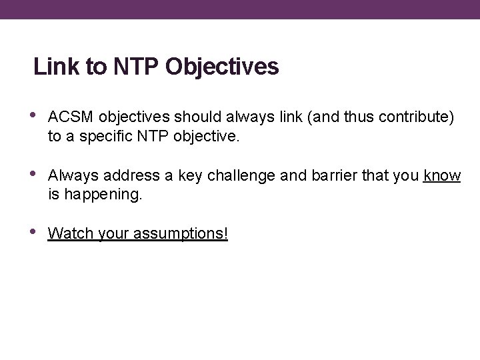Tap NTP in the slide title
(133, 67)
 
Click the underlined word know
(442, 176)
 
